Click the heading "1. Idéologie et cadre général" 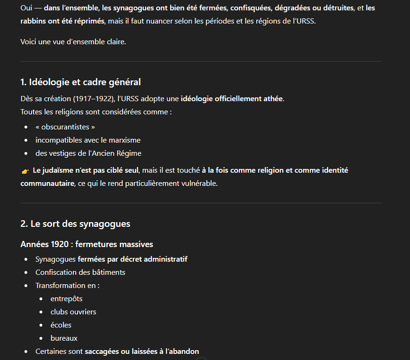(80, 82)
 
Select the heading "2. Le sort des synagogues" (75, 224)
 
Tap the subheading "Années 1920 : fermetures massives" (87, 244)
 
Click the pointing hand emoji (25, 171)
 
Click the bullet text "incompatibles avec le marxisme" (88, 140)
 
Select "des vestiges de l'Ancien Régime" (88, 153)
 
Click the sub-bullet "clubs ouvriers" (73, 312)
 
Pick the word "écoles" (61, 325)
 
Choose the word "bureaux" (64, 338)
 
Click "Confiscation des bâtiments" (80, 272)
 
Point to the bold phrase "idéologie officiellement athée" (232, 99)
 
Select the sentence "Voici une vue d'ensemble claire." (73, 42)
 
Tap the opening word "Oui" (26, 8)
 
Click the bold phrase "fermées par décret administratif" (133, 259)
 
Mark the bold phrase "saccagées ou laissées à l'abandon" (142, 352)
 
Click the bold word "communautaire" (47, 184)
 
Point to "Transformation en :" (67, 286)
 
